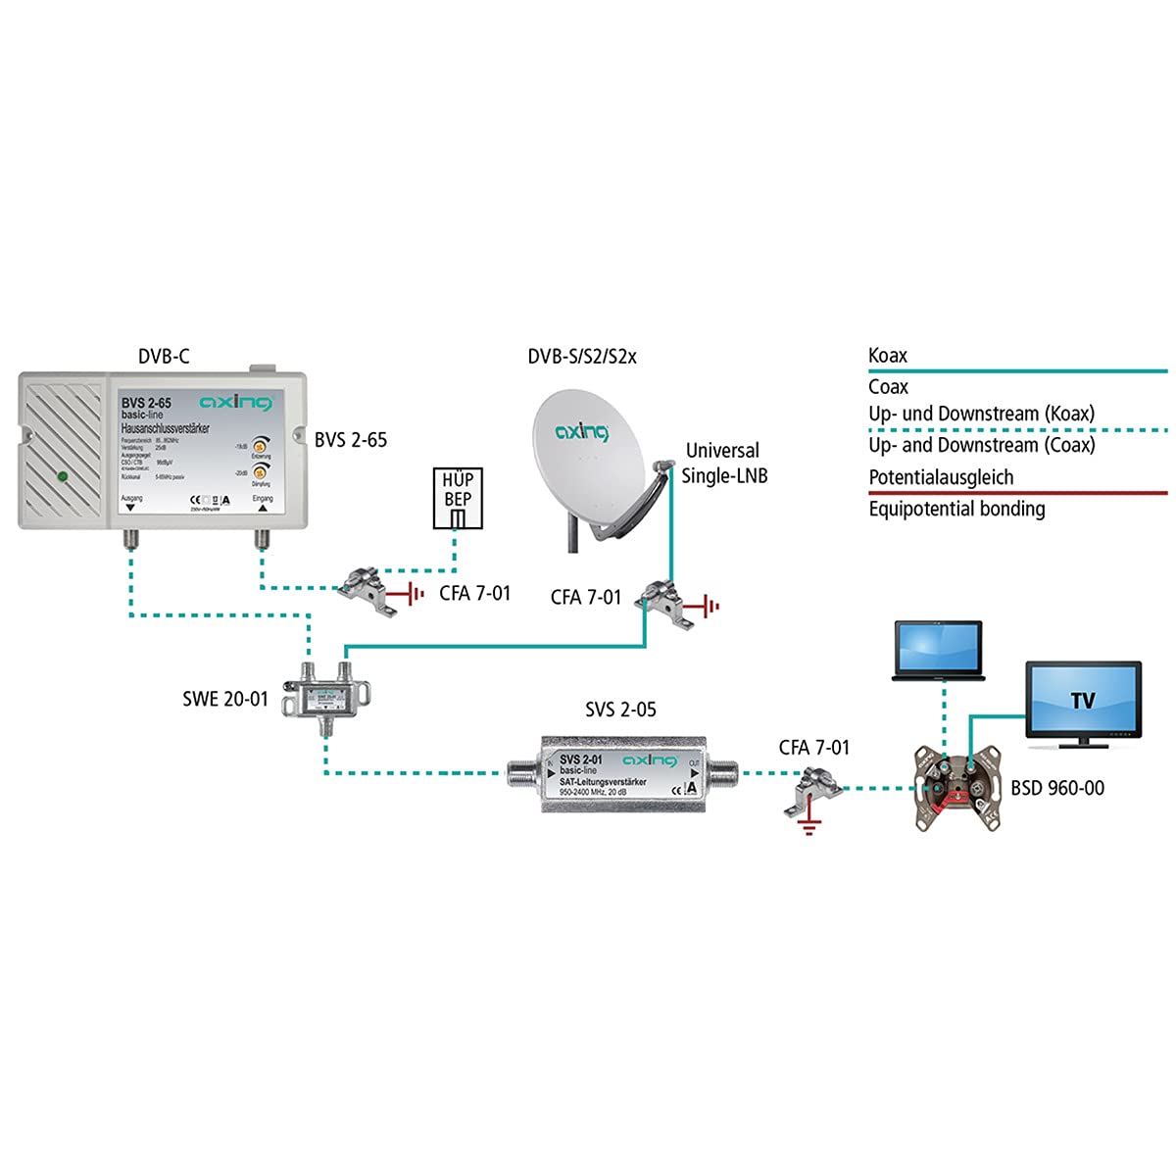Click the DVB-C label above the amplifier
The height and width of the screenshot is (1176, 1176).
[163, 357]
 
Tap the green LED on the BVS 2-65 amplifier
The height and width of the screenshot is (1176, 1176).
[62, 477]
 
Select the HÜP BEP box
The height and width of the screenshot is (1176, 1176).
[458, 498]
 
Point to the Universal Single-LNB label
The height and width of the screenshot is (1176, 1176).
[723, 463]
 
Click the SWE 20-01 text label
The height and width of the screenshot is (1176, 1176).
[224, 700]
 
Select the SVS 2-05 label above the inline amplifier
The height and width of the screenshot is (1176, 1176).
[620, 710]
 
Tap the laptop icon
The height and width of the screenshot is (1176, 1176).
[938, 650]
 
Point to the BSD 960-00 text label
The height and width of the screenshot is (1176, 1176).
[1057, 788]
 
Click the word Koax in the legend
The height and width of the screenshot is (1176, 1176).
[888, 356]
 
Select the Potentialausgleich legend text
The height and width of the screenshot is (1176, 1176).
[941, 477]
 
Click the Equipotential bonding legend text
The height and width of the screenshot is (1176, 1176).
[956, 509]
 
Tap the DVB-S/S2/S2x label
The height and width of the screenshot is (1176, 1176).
[582, 357]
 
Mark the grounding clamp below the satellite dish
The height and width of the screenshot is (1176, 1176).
[657, 598]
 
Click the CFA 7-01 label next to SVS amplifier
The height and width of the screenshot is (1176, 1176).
[813, 748]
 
